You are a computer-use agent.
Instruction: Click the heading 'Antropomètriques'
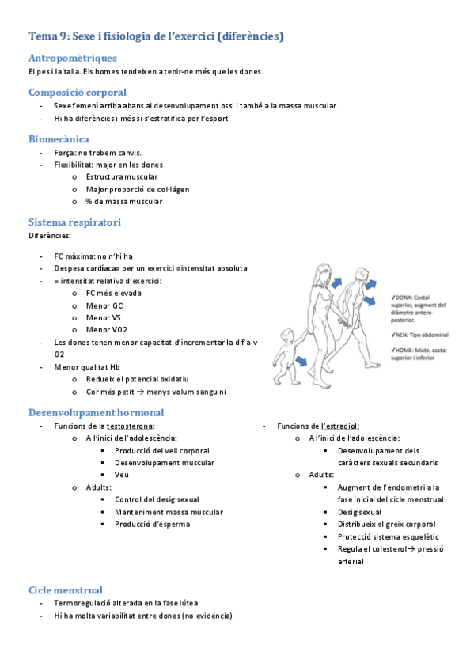pos(73,58)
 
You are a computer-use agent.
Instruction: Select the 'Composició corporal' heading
pos(78,92)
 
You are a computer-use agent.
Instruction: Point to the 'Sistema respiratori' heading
pos(74,222)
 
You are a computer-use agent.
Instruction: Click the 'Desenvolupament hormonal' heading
pos(96,412)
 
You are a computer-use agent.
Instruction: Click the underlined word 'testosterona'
pos(130,426)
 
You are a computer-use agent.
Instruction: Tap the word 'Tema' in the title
pos(42,36)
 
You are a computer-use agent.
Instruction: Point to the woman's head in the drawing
pos(323,271)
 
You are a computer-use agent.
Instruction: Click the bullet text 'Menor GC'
pos(104,305)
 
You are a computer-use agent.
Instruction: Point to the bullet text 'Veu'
pos(121,475)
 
